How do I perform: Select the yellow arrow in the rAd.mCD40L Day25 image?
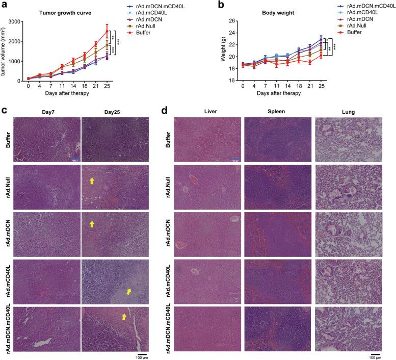click(128, 292)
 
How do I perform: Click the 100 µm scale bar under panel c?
click(142, 353)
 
